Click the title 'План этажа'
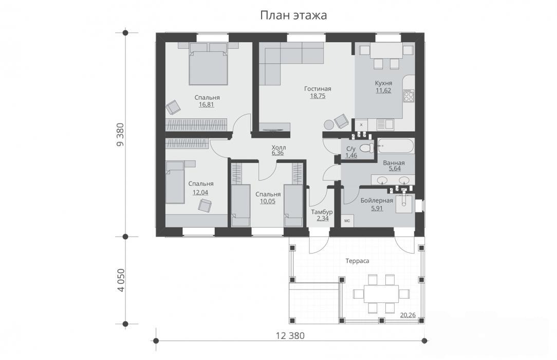pyautogui.click(x=293, y=15)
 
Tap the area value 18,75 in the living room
pyautogui.click(x=318, y=96)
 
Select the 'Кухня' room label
pyautogui.click(x=384, y=83)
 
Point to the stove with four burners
pyautogui.click(x=409, y=95)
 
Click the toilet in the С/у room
pyautogui.click(x=366, y=148)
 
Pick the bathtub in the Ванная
pyautogui.click(x=395, y=146)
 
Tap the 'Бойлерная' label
pyautogui.click(x=377, y=201)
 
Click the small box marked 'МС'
pyautogui.click(x=347, y=221)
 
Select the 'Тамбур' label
pyautogui.click(x=322, y=212)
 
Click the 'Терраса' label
pyautogui.click(x=357, y=261)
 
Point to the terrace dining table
pyautogui.click(x=381, y=294)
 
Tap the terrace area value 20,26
pyautogui.click(x=408, y=315)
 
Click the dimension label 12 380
pyautogui.click(x=290, y=335)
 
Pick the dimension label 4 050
pyautogui.click(x=121, y=280)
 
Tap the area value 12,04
pyautogui.click(x=200, y=193)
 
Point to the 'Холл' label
pyautogui.click(x=278, y=148)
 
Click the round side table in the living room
pyautogui.click(x=329, y=125)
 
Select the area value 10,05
pyautogui.click(x=268, y=201)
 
